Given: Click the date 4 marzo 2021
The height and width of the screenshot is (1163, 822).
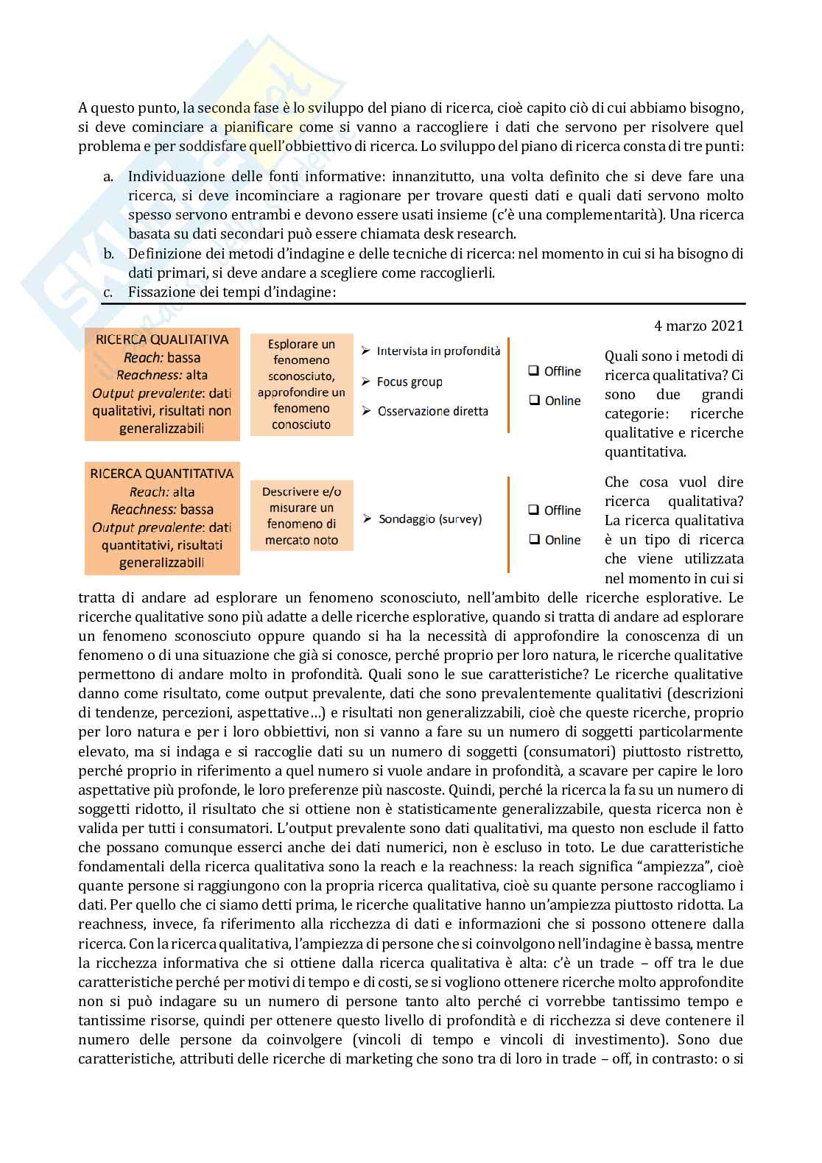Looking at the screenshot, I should click(x=698, y=326).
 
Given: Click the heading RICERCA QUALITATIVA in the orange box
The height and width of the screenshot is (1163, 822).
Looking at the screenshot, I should click(x=162, y=340).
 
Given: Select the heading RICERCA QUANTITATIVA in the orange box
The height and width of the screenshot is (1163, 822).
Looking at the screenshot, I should click(x=162, y=474).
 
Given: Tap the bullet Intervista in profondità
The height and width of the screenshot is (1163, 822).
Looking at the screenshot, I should click(x=438, y=351).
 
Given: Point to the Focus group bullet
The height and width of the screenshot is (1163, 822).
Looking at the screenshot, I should click(x=409, y=382).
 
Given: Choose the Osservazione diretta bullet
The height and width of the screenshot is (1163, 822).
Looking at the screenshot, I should click(x=432, y=411).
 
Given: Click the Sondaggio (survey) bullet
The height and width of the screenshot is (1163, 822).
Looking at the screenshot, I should click(x=429, y=519).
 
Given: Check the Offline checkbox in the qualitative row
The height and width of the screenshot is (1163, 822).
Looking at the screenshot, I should click(x=534, y=371).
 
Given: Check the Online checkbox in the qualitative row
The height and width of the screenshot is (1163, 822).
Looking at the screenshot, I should click(x=534, y=401).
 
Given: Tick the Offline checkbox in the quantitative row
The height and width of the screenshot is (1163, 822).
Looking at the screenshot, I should click(x=534, y=510).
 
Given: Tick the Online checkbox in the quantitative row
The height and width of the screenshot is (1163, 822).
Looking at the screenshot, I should click(x=534, y=540).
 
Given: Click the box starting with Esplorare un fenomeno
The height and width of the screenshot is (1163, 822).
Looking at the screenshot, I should click(x=301, y=384).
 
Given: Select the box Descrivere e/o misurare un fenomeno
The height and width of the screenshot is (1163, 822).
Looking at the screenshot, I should click(x=301, y=516).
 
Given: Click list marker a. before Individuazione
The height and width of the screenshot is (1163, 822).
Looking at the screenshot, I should click(x=108, y=177).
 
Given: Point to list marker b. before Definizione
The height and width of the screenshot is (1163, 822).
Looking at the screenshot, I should click(x=108, y=254).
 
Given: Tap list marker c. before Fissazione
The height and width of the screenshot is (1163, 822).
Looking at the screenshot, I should click(x=108, y=292).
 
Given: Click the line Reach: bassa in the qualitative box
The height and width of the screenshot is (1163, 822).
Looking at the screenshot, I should click(x=162, y=358).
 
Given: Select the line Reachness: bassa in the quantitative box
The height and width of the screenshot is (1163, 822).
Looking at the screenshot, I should click(x=162, y=510).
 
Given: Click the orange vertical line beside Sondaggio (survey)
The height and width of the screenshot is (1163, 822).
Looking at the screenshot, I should click(x=508, y=524).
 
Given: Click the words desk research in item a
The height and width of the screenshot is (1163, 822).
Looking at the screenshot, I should click(x=477, y=234).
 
